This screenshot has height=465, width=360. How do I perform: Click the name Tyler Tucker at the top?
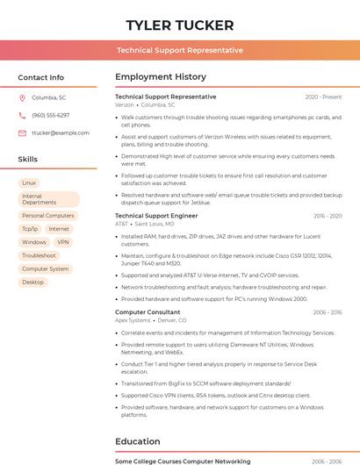(x=180, y=25)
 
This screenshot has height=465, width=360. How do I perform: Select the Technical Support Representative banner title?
(x=180, y=50)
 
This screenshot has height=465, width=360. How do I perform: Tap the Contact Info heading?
(x=41, y=77)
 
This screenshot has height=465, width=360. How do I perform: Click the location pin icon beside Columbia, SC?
(x=22, y=97)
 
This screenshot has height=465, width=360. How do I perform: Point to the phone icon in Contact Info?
(x=22, y=115)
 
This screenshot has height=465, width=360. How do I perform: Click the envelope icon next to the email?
(x=22, y=132)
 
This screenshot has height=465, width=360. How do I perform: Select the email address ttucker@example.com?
(x=61, y=132)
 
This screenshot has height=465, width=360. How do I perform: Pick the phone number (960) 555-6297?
(x=51, y=115)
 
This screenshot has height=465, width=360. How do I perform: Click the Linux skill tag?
(x=29, y=182)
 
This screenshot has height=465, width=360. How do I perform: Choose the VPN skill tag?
(x=63, y=242)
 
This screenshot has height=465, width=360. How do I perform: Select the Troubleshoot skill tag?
(x=39, y=255)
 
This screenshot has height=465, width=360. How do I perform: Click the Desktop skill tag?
(x=32, y=282)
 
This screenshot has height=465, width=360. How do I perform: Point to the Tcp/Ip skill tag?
(x=30, y=229)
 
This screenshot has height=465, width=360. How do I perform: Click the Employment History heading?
(x=161, y=77)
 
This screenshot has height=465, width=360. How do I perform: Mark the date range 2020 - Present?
(x=323, y=97)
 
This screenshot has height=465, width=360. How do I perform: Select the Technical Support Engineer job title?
(x=156, y=215)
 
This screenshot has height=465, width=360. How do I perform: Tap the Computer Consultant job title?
(x=148, y=311)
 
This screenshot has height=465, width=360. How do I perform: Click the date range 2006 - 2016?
(x=328, y=311)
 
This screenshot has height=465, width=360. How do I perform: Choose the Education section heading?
(x=137, y=440)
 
